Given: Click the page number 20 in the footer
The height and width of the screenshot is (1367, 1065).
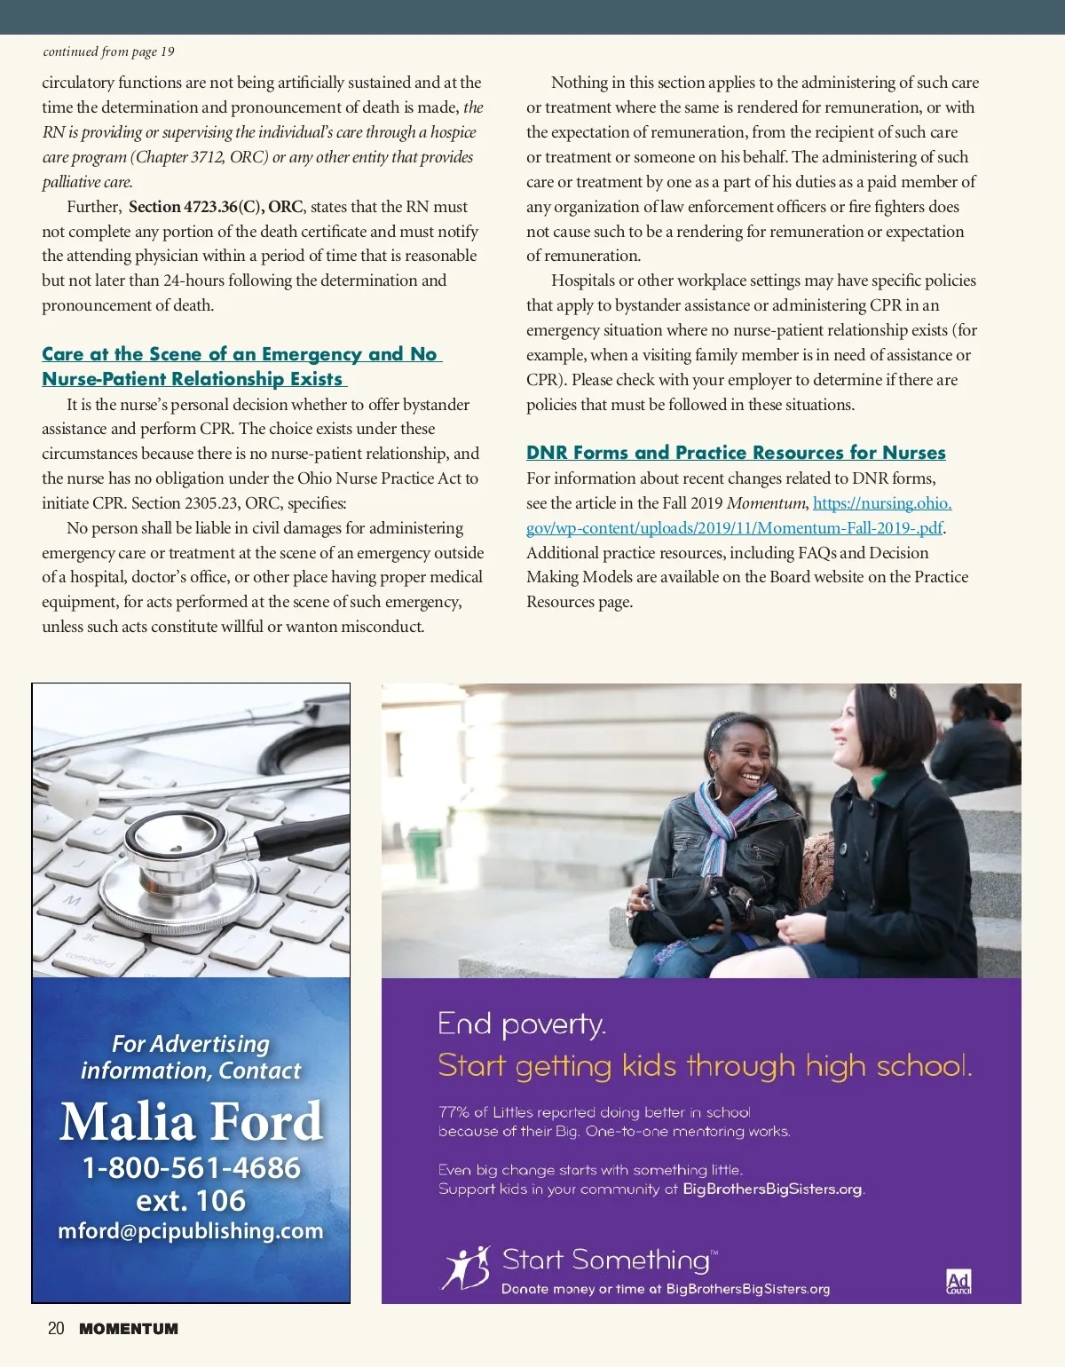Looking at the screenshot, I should coord(56,1329).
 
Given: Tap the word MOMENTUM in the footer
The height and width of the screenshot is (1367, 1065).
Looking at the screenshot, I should coord(129,1329).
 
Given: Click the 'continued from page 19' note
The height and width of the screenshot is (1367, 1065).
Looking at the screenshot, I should coord(108,51).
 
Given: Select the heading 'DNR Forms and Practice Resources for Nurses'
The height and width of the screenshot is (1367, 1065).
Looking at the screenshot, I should coord(736,453).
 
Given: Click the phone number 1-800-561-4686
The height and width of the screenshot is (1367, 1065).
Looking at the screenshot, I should coord(191,1167).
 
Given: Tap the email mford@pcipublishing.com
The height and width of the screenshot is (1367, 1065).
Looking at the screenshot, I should coord(191,1231).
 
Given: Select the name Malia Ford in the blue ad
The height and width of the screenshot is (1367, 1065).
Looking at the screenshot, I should coord(191,1121).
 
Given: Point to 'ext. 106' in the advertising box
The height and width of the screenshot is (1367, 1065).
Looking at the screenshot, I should coord(191,1200).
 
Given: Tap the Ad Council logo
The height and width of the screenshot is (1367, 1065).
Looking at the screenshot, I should coord(958,1282).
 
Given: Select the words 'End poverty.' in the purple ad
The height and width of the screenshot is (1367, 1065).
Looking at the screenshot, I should coord(522,1025).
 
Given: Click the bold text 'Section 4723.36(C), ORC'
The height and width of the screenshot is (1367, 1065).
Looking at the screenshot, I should coord(216,207).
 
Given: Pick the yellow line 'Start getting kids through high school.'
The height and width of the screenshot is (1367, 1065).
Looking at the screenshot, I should coord(705,1065).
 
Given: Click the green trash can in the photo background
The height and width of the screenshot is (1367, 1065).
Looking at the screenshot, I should coord(424,852).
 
